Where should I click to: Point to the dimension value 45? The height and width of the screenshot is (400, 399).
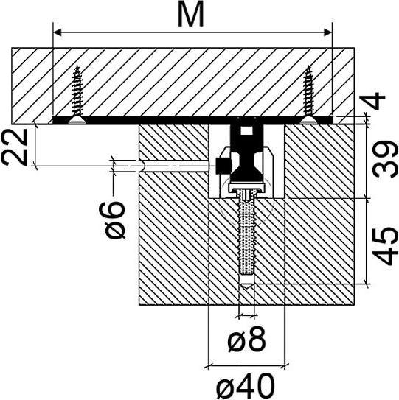[383, 245]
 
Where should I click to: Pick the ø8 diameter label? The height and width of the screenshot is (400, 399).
[247, 340]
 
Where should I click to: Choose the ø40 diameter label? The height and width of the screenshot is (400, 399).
[247, 385]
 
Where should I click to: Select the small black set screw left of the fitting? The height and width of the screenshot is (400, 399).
[220, 166]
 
